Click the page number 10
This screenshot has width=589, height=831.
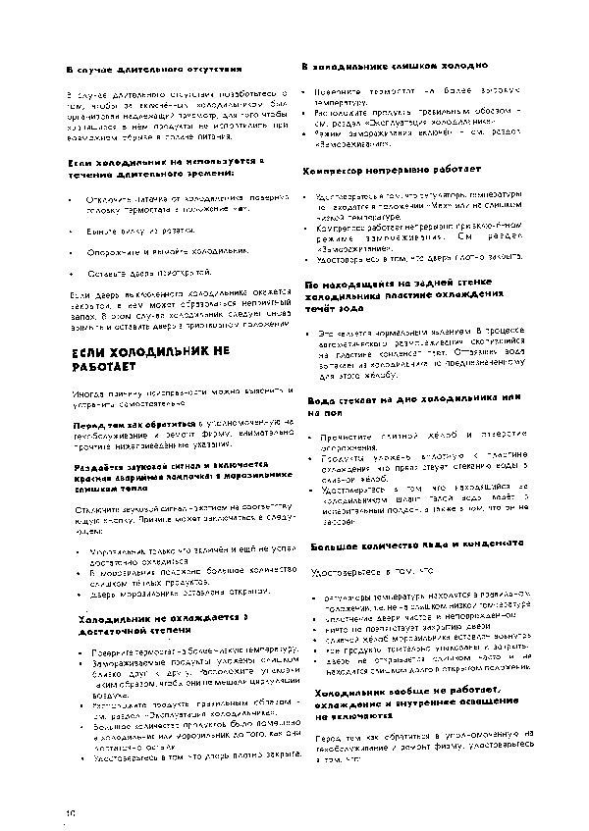71,811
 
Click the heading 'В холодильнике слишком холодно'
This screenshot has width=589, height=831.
394,66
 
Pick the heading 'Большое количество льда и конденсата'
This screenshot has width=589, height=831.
416,544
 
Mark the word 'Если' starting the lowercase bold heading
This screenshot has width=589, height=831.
79,161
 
